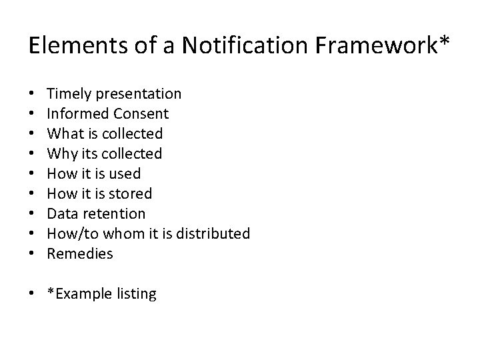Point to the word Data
click(63, 214)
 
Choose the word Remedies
click(81, 254)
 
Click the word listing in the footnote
click(134, 294)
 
